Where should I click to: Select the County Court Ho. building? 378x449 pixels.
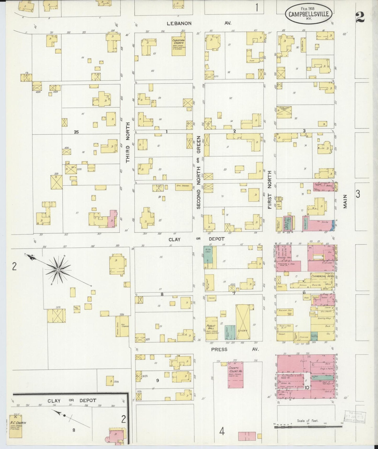(235, 375)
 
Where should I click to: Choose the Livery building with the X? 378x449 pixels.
(243, 322)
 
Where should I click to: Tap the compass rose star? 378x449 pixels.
(58, 270)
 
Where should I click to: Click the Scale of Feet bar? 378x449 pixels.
(308, 427)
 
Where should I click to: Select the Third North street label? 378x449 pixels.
(128, 143)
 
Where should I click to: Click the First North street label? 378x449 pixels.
(269, 190)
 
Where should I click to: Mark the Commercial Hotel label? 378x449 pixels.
(321, 276)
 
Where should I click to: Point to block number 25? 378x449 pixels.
(76, 132)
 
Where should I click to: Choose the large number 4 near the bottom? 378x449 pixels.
(222, 431)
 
